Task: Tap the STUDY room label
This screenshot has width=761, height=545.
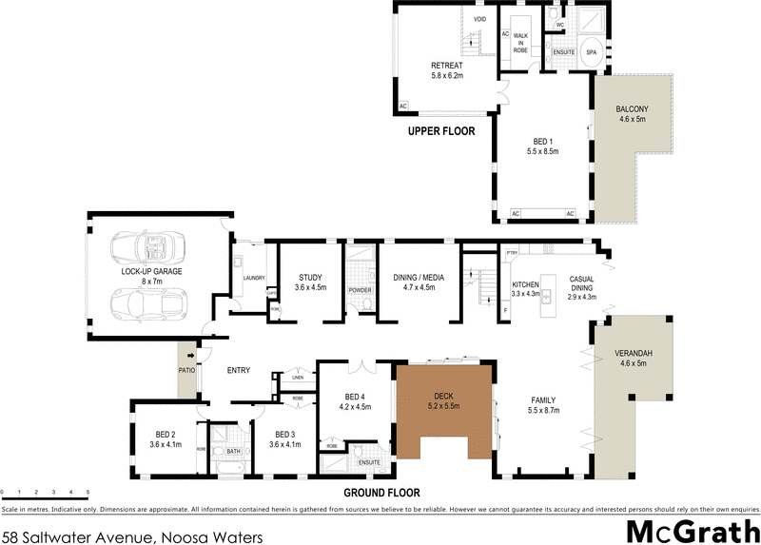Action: click(x=311, y=282)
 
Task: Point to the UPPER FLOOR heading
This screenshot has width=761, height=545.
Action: click(x=441, y=131)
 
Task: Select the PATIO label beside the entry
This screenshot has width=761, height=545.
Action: click(x=185, y=371)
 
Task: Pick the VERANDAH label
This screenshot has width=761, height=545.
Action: click(x=633, y=359)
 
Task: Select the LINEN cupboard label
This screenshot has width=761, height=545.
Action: click(x=298, y=376)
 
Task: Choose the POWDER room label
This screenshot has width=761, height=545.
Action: click(x=360, y=290)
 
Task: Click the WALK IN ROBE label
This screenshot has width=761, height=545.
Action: click(x=520, y=39)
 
